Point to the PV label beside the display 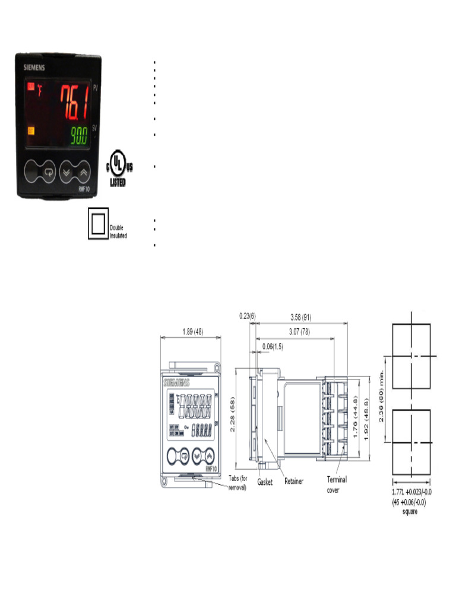pyautogui.click(x=95, y=88)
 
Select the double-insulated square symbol pyautogui.click(x=97, y=224)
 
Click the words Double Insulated pyautogui.click(x=119, y=231)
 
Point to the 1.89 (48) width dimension pyautogui.click(x=191, y=332)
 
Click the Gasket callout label pyautogui.click(x=265, y=483)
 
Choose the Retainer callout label pyautogui.click(x=294, y=481)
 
